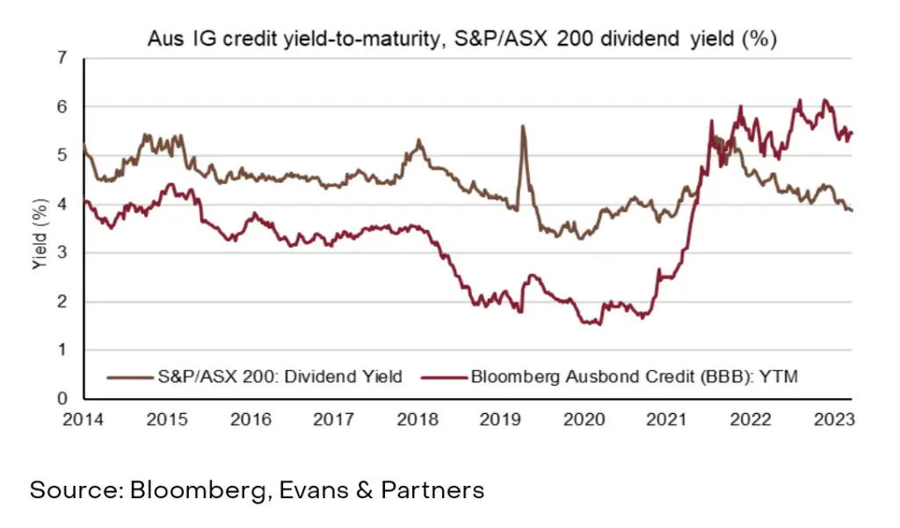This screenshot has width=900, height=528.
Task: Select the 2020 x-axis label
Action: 584,419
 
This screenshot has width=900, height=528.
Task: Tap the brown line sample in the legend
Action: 128,378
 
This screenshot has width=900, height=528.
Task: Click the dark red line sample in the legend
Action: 445,378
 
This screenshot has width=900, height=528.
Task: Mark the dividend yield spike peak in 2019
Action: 523,127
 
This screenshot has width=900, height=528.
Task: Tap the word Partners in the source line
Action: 432,489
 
